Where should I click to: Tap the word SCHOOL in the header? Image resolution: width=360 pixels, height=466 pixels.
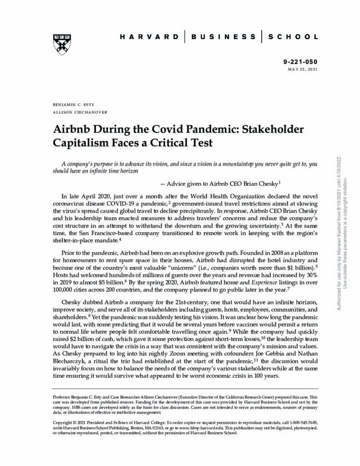point(293,36)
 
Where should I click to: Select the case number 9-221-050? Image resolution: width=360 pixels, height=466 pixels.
point(300,62)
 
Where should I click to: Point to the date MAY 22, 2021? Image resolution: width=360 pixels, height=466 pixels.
point(303,69)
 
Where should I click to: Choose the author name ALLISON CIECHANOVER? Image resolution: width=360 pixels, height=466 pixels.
point(80,112)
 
